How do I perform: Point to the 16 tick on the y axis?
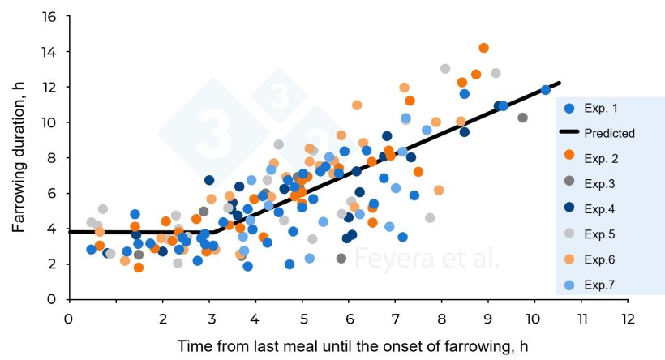pyautogui.click(x=50, y=17)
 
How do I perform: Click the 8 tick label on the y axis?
pyautogui.click(x=54, y=158)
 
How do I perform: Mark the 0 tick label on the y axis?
pyautogui.click(x=54, y=299)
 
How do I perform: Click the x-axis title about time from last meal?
pyautogui.click(x=347, y=346)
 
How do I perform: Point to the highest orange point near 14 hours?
pyautogui.click(x=483, y=48)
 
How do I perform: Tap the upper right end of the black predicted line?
pyautogui.click(x=559, y=84)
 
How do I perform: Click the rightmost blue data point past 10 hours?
pyautogui.click(x=546, y=90)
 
